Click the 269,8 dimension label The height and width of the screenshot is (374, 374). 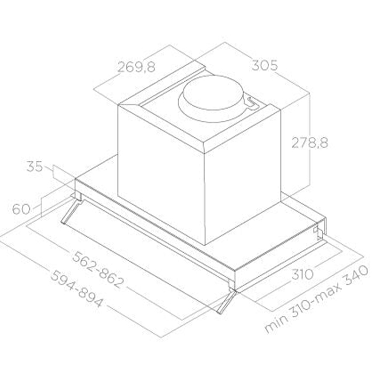pos(136,67)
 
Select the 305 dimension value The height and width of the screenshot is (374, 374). pos(265,65)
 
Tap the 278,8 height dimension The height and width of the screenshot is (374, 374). pos(309,143)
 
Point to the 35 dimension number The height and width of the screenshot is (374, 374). pos(35,167)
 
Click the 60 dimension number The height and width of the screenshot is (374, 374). pos(21,209)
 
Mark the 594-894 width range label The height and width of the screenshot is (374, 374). pos(77,289)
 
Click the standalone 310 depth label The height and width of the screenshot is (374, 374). pos(302,274)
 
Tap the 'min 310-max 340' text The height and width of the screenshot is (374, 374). pos(317,299)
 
